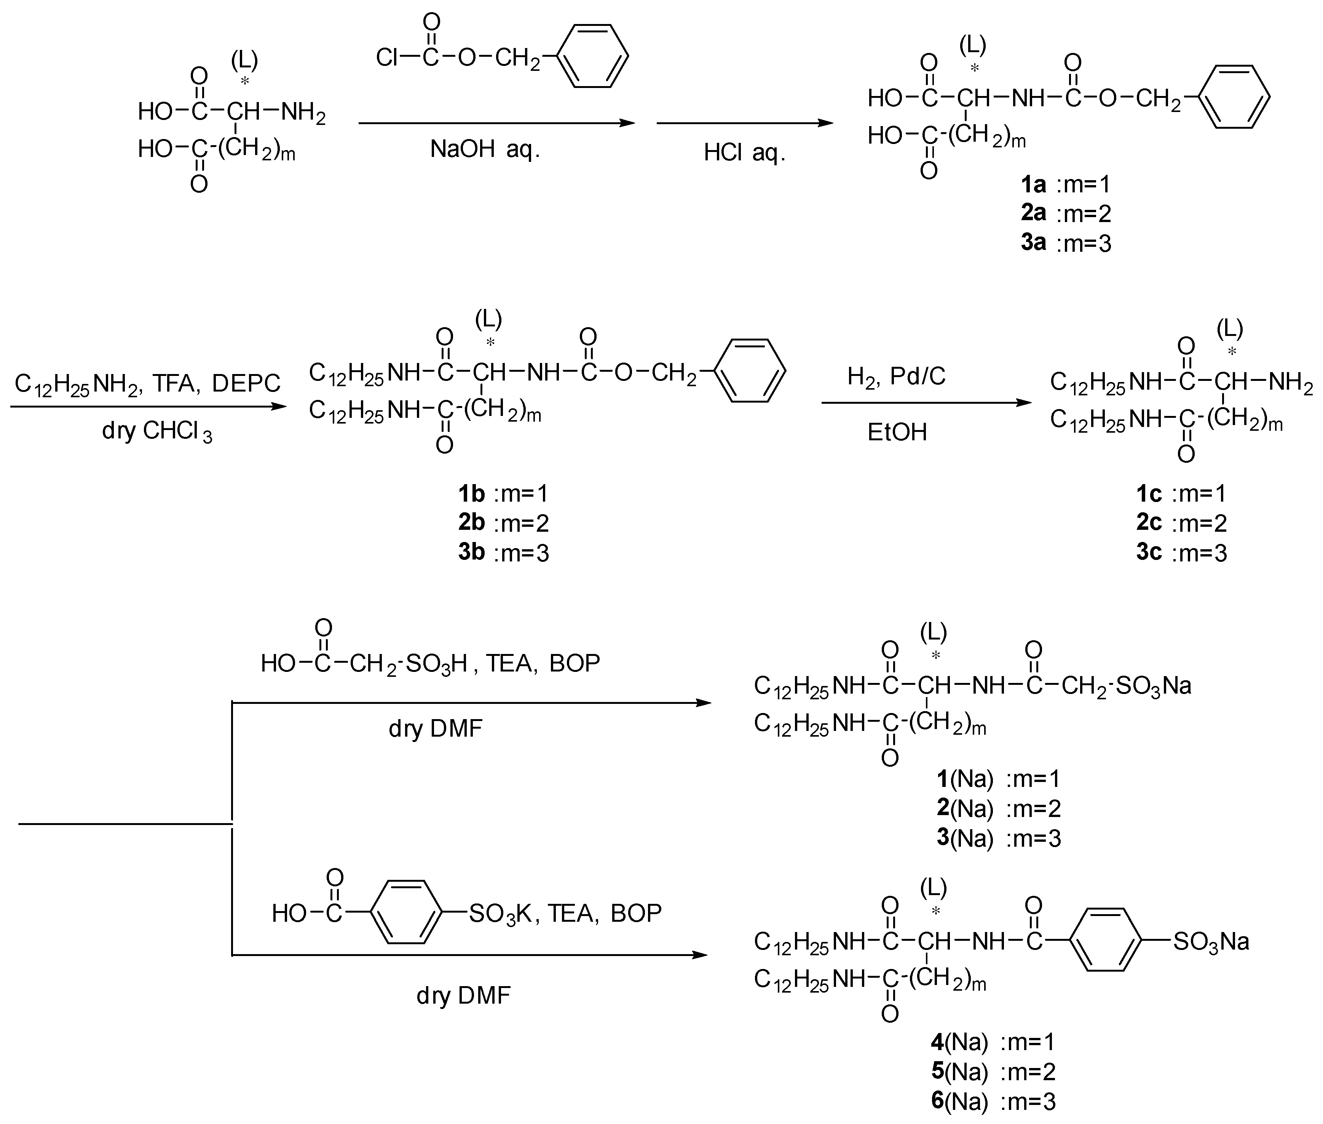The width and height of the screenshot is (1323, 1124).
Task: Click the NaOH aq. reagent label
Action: [x=485, y=150]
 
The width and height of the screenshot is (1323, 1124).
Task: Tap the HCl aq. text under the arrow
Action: [x=744, y=153]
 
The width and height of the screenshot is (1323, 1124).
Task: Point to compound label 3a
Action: [x=1033, y=243]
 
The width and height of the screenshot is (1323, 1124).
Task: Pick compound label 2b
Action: [x=471, y=523]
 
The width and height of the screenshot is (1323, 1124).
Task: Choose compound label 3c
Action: [x=1149, y=552]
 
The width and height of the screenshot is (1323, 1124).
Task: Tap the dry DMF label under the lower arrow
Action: [x=463, y=995]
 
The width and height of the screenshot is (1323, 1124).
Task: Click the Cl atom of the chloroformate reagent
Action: [x=386, y=58]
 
